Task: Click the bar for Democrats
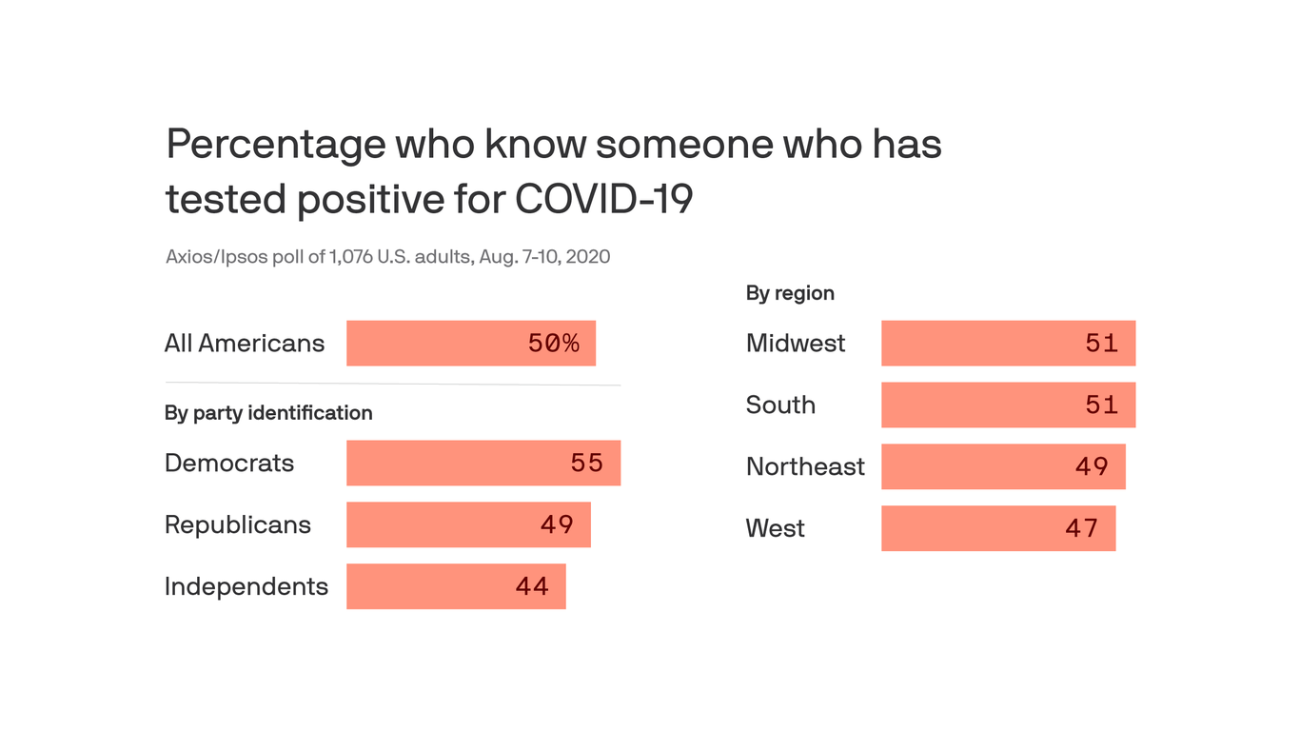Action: pyautogui.click(x=483, y=464)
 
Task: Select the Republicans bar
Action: pyautogui.click(x=468, y=524)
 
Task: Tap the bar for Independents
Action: pyautogui.click(x=456, y=586)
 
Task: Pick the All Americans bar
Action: pyautogui.click(x=470, y=344)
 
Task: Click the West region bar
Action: pyautogui.click(x=997, y=528)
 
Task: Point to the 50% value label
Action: pyautogui.click(x=553, y=344)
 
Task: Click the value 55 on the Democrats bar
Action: pyautogui.click(x=586, y=464)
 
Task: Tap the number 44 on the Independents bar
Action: pyautogui.click(x=532, y=586)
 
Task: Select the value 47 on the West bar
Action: pyautogui.click(x=1081, y=528)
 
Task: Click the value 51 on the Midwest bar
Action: pyautogui.click(x=1101, y=344)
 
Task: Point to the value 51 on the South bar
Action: pyautogui.click(x=1101, y=405)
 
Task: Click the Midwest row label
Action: pyautogui.click(x=795, y=344)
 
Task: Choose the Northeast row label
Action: pyautogui.click(x=805, y=466)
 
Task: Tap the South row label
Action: pyautogui.click(x=780, y=405)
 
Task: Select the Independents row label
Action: pyautogui.click(x=246, y=586)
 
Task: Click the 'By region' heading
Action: pyautogui.click(x=790, y=293)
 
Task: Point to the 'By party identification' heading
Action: pyautogui.click(x=268, y=413)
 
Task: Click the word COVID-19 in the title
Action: pyautogui.click(x=603, y=199)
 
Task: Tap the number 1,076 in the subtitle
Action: pyautogui.click(x=350, y=257)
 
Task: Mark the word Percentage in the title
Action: pyautogui.click(x=275, y=145)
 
